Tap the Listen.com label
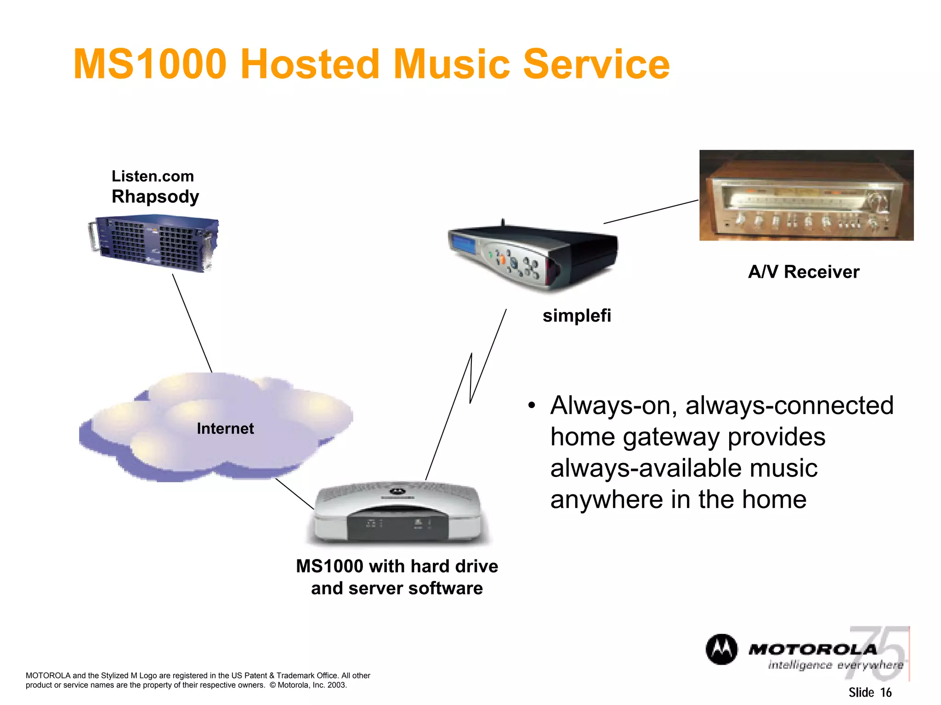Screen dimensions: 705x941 [x=153, y=176]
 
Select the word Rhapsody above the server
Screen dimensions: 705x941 [x=155, y=196]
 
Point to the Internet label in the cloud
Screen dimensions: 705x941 [x=225, y=428]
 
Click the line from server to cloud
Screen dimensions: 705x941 [x=192, y=323]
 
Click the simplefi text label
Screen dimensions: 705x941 [x=577, y=316]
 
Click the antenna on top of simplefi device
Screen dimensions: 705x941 [x=503, y=222]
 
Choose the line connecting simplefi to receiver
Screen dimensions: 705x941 [x=651, y=212]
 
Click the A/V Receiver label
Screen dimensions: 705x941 [x=804, y=272]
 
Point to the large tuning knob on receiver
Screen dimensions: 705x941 [x=877, y=200]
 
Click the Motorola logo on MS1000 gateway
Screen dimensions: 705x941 [x=398, y=492]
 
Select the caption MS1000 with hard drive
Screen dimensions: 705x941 [x=397, y=566]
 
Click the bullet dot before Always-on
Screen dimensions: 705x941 [x=532, y=406]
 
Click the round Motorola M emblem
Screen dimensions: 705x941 [x=721, y=649]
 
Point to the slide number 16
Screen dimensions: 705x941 [x=886, y=692]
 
